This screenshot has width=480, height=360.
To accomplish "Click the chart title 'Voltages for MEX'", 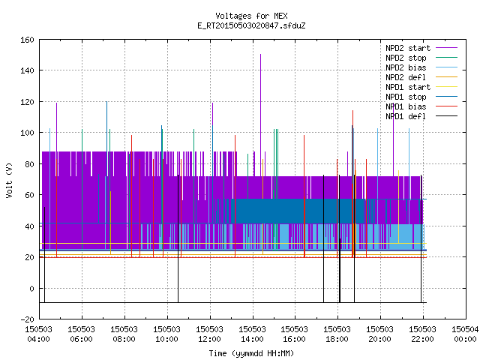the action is (251, 16).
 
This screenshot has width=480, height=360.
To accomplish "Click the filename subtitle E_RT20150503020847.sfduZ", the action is (251, 25).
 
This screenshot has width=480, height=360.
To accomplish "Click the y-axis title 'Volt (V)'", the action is (9, 181).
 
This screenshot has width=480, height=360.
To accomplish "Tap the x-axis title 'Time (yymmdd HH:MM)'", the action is (251, 353).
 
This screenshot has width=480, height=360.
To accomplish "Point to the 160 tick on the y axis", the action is (27, 40).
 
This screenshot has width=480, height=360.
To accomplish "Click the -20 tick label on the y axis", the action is (27, 319).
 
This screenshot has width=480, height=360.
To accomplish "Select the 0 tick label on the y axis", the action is (31, 289).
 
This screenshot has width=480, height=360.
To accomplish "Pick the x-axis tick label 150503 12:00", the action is (210, 334).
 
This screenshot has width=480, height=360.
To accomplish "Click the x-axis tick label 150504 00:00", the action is (465, 334).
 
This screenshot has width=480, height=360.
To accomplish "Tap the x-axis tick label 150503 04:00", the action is (38, 334).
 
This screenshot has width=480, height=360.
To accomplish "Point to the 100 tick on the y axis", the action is (27, 133).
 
